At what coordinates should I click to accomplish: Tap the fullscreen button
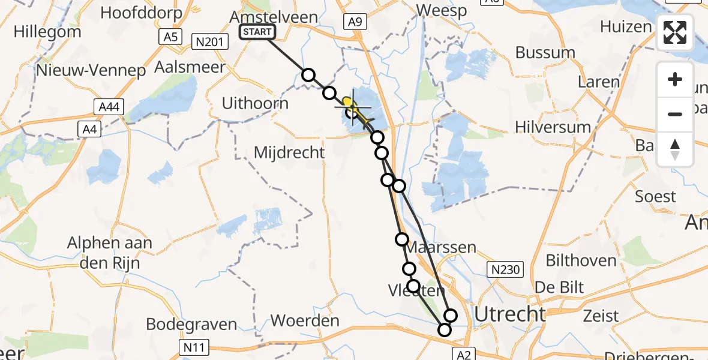pyautogui.click(x=675, y=32)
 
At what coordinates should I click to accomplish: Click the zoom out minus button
pyautogui.click(x=675, y=114)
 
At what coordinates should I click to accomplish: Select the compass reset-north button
pyautogui.click(x=675, y=149)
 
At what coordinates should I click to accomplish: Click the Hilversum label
pyautogui.click(x=553, y=127)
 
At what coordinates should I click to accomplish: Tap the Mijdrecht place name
pyautogui.click(x=289, y=152)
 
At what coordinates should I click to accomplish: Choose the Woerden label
pyautogui.click(x=305, y=320)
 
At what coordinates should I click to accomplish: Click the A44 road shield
pyautogui.click(x=109, y=107)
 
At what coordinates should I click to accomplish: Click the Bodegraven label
pyautogui.click(x=192, y=325)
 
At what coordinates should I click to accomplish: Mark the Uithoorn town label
pyautogui.click(x=255, y=103)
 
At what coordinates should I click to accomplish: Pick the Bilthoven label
pyautogui.click(x=581, y=260)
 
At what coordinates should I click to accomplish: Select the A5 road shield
pyautogui.click(x=171, y=37)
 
